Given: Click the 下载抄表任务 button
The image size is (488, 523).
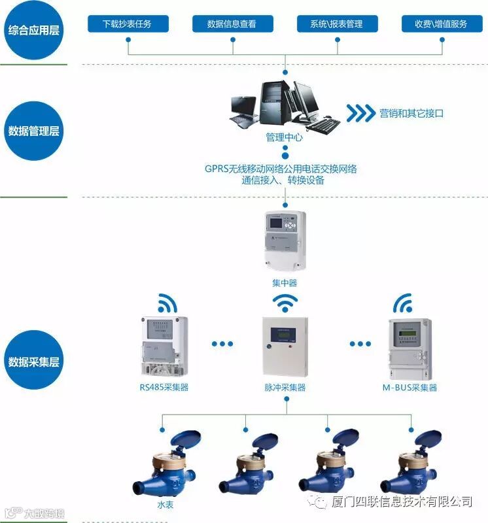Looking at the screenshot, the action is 128,24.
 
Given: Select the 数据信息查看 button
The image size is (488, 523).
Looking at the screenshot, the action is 232,24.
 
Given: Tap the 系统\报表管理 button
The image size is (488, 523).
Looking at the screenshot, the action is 338,24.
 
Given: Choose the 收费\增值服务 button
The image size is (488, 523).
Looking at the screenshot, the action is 441,24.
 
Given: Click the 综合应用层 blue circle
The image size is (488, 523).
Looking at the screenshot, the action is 34,30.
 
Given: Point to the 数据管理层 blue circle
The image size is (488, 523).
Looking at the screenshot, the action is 34,130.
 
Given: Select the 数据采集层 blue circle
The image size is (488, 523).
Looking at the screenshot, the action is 34,361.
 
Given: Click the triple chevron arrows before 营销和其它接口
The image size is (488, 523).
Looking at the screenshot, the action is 360,112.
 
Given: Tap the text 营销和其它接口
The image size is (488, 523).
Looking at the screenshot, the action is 412,113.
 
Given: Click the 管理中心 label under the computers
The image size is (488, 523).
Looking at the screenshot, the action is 285,138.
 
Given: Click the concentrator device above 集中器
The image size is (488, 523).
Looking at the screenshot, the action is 285,241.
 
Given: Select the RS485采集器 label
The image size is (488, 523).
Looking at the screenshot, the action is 164,388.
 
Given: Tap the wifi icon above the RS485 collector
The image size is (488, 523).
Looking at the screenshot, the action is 164,303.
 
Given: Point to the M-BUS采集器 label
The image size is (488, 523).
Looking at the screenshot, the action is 410,388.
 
